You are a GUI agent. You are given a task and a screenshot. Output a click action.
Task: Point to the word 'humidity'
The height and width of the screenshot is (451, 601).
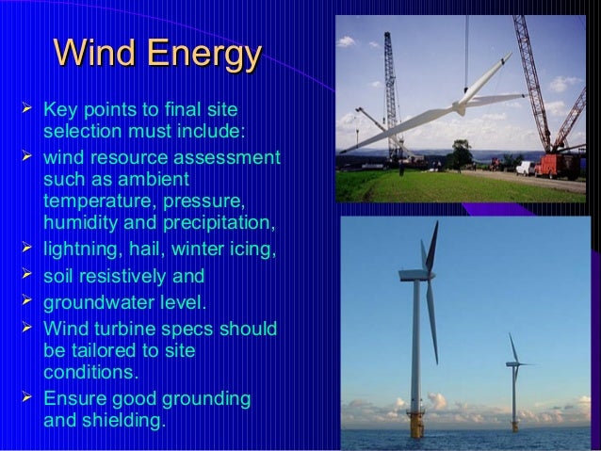pyautogui.click(x=82, y=223)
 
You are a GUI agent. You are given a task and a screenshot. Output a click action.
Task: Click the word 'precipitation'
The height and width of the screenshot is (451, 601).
pyautogui.click(x=219, y=223)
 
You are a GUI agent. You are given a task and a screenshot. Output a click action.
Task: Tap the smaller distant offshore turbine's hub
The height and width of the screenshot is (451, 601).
pyautogui.click(x=514, y=363)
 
